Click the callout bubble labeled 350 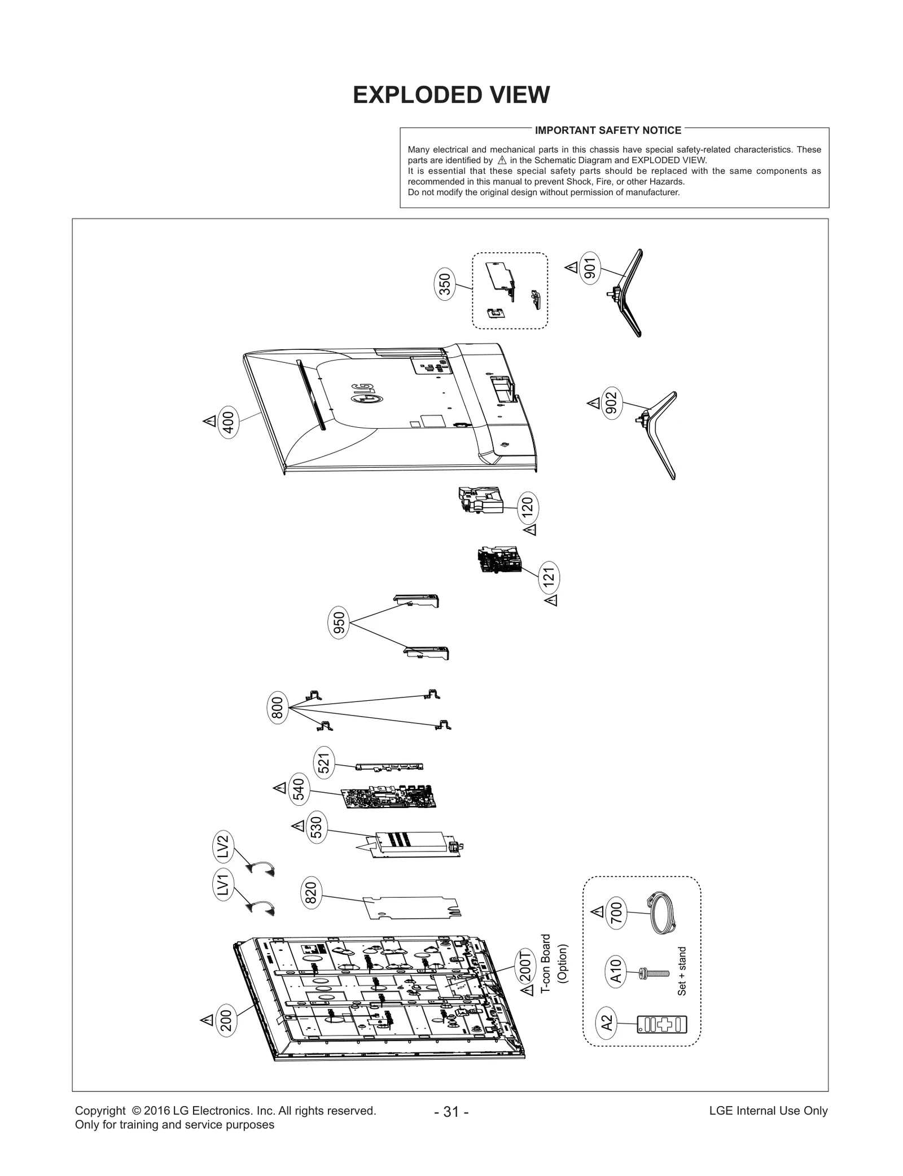point(445,286)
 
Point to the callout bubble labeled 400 point(229,422)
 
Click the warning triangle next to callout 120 point(530,530)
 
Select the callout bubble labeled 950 point(339,624)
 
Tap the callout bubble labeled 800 point(277,708)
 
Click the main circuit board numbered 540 point(389,797)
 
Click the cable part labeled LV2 point(261,869)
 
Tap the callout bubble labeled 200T point(525,966)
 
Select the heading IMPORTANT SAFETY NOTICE point(608,130)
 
